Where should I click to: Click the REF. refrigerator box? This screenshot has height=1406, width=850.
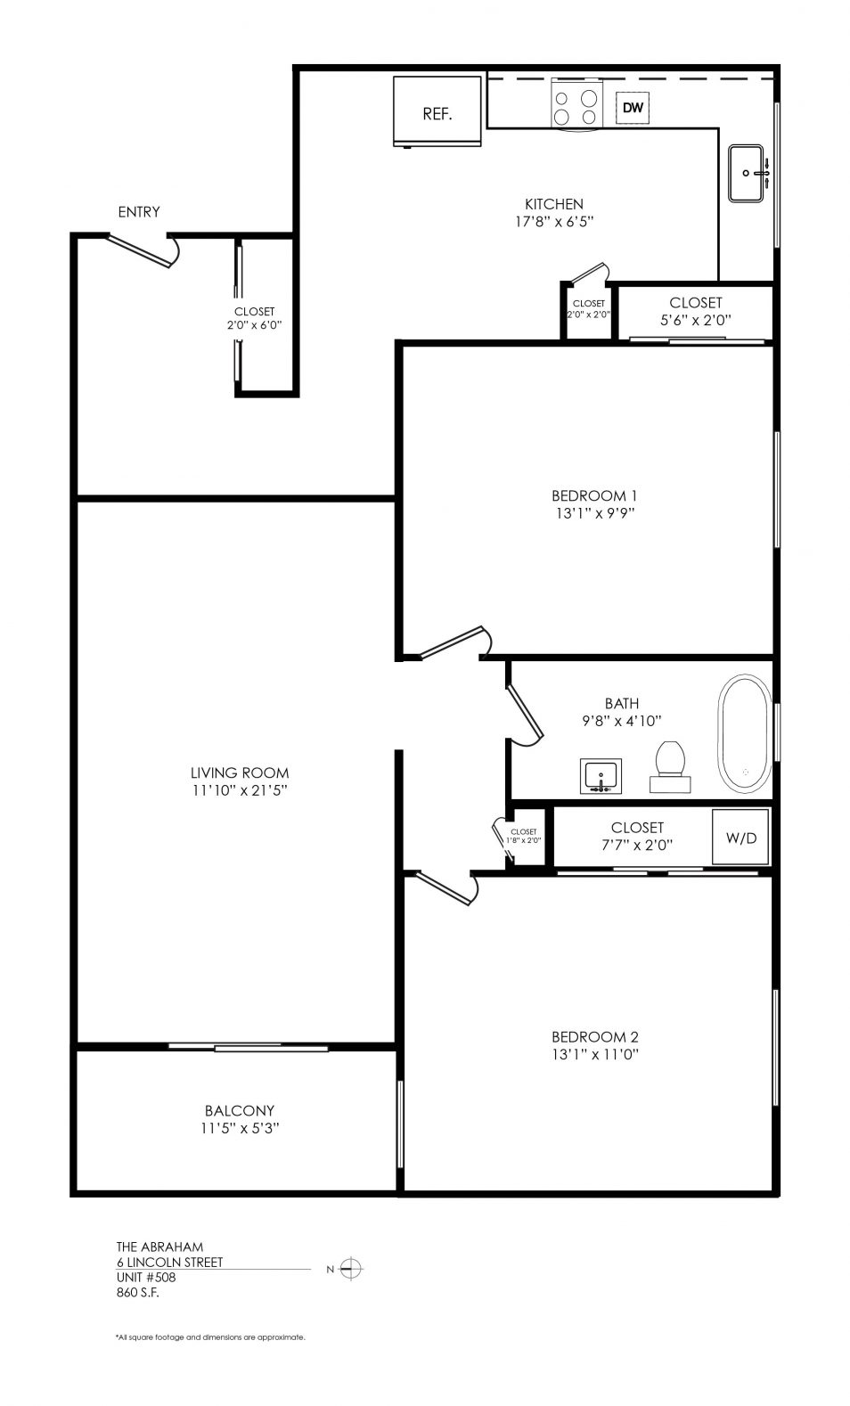pyautogui.click(x=437, y=111)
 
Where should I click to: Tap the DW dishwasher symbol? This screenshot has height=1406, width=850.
pyautogui.click(x=633, y=108)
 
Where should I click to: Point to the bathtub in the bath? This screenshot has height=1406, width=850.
pyautogui.click(x=745, y=734)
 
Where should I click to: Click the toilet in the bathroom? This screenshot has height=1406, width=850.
pyautogui.click(x=670, y=766)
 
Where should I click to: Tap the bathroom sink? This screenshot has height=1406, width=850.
pyautogui.click(x=601, y=776)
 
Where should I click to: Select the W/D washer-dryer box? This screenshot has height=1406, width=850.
pyautogui.click(x=740, y=838)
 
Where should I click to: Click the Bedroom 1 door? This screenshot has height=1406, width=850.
pyautogui.click(x=455, y=642)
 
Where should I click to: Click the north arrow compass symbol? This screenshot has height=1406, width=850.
pyautogui.click(x=350, y=1269)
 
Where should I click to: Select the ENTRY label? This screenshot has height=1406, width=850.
pyautogui.click(x=139, y=212)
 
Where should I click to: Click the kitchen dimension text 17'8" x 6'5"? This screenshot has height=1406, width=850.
pyautogui.click(x=554, y=222)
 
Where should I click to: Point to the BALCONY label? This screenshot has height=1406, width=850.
pyautogui.click(x=239, y=1110)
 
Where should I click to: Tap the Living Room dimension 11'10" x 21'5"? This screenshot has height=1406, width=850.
pyautogui.click(x=239, y=789)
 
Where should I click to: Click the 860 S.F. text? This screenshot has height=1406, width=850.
pyautogui.click(x=137, y=1292)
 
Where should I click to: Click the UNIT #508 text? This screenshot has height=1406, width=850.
pyautogui.click(x=145, y=1278)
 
